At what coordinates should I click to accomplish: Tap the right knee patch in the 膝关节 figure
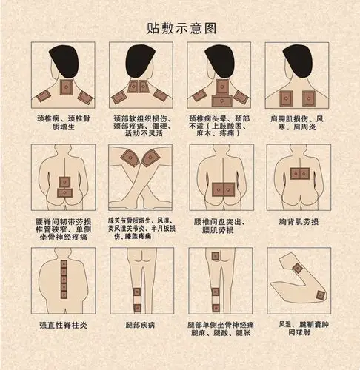coord(153,158)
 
